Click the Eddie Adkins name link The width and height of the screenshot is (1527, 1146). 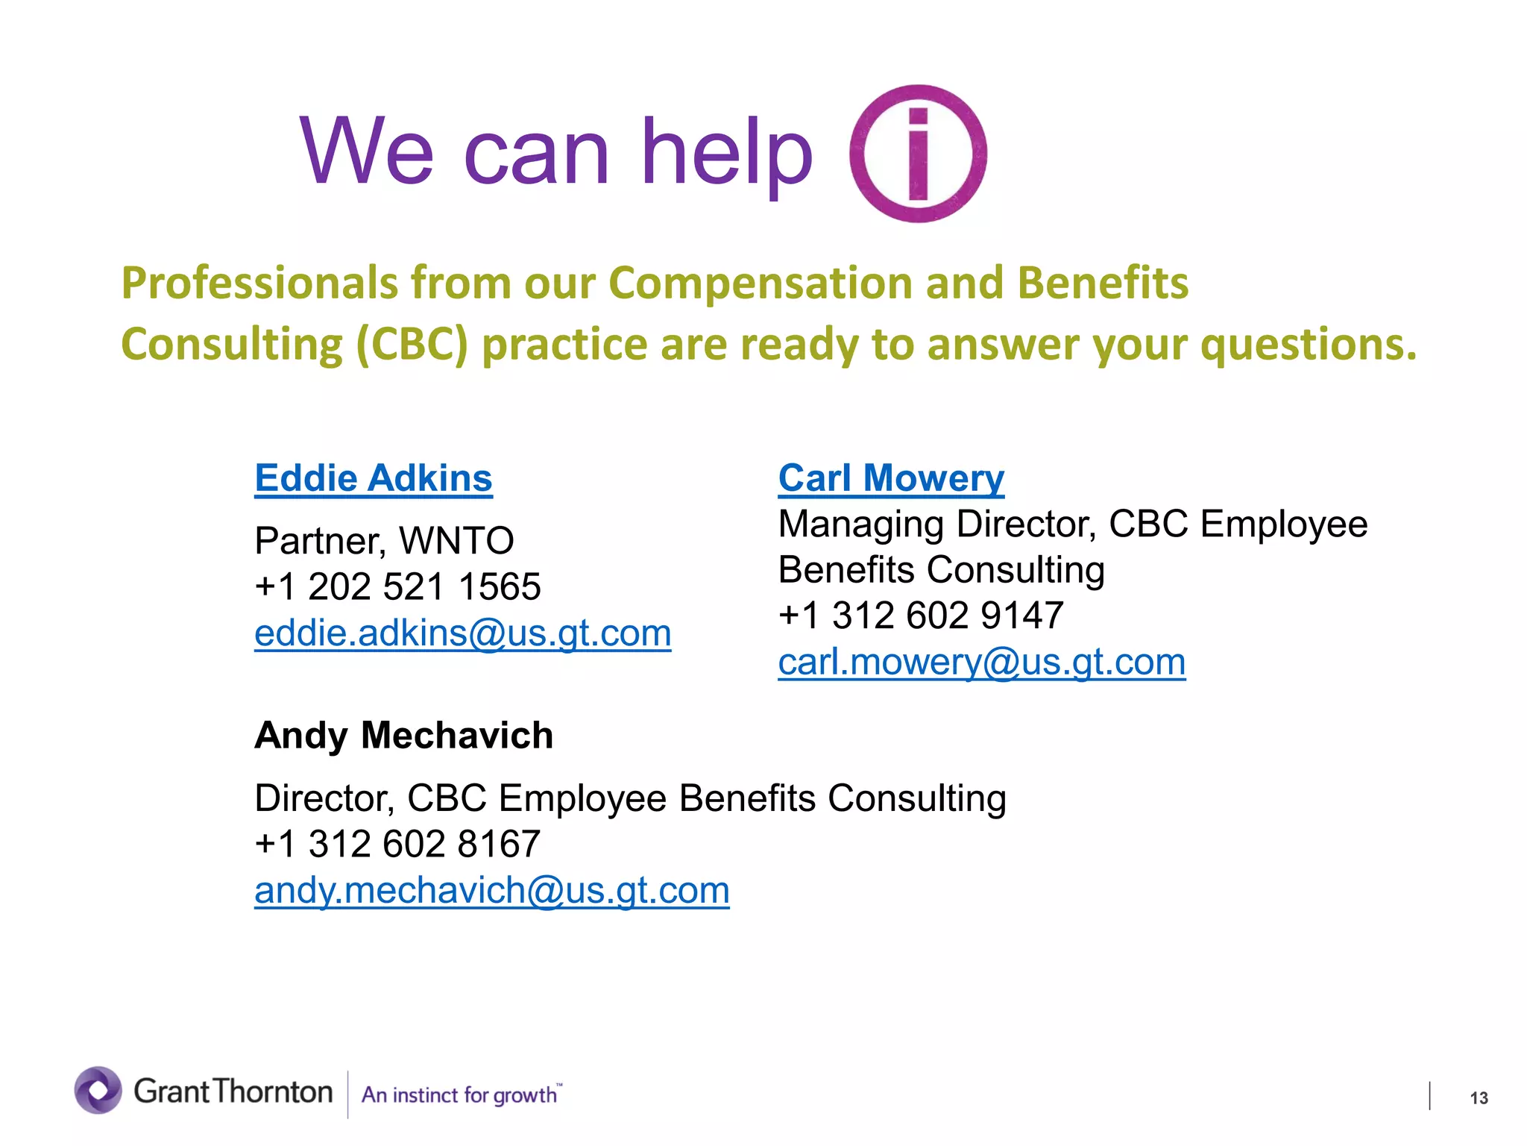pos(374,478)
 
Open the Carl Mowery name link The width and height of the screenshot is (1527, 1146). pos(891,478)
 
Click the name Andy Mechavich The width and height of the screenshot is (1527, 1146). pos(403,736)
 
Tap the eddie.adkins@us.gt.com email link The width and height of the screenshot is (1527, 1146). pos(462,633)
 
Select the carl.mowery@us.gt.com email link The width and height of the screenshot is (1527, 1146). pos(981,662)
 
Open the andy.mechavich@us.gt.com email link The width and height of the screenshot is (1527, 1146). pos(491,890)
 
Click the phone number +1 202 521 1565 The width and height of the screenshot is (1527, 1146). pos(397,587)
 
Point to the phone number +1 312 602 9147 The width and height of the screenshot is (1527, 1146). pos(921,616)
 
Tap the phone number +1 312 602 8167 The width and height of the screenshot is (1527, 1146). pos(397,845)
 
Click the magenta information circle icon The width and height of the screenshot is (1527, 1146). pos(918,154)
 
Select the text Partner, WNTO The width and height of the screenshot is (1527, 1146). pos(384,541)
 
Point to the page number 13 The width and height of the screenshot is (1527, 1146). pos(1479,1098)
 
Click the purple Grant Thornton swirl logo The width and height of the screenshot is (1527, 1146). pos(98,1090)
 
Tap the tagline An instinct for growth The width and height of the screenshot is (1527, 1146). pos(459,1095)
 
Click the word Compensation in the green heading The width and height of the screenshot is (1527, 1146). pos(761,284)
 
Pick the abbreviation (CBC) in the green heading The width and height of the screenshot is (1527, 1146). pos(412,345)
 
